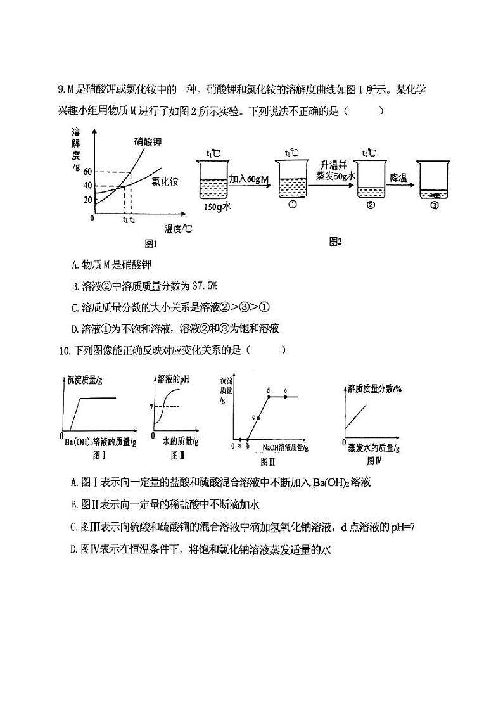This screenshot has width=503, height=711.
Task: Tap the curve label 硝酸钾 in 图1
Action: pyautogui.click(x=148, y=142)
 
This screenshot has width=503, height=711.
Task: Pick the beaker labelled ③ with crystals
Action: pyautogui.click(x=434, y=184)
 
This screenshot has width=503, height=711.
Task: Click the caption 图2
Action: pyautogui.click(x=335, y=241)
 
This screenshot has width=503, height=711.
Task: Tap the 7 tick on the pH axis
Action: pyautogui.click(x=151, y=406)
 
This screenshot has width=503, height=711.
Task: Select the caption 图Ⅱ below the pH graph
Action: pyautogui.click(x=177, y=456)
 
